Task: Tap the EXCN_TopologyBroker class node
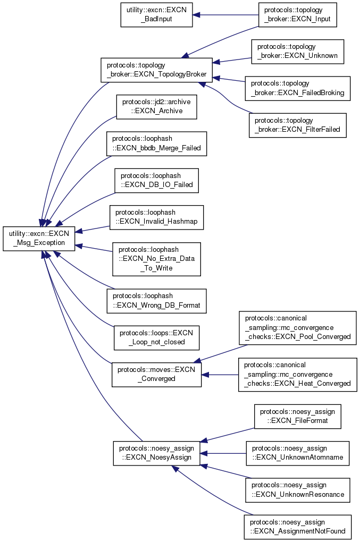pyautogui.click(x=156, y=70)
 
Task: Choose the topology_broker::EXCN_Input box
pyautogui.click(x=298, y=15)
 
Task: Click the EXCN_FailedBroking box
pyautogui.click(x=297, y=88)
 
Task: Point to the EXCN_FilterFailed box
pyautogui.click(x=297, y=125)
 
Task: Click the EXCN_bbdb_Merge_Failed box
pyautogui.click(x=156, y=143)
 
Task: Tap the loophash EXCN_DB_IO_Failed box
pyautogui.click(x=156, y=181)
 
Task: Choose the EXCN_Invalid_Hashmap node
pyautogui.click(x=156, y=217)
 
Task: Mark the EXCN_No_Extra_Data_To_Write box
pyautogui.click(x=156, y=259)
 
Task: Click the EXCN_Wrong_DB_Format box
pyautogui.click(x=156, y=300)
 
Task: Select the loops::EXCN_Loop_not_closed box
pyautogui.click(x=156, y=337)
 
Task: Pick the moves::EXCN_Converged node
pyautogui.click(x=156, y=374)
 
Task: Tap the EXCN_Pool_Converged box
pyautogui.click(x=297, y=328)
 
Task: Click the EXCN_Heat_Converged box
pyautogui.click(x=297, y=374)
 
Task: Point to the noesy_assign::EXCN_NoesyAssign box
pyautogui.click(x=156, y=453)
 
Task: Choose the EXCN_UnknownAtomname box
pyautogui.click(x=297, y=453)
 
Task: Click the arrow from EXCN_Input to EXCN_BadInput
pyautogui.click(x=223, y=15)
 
